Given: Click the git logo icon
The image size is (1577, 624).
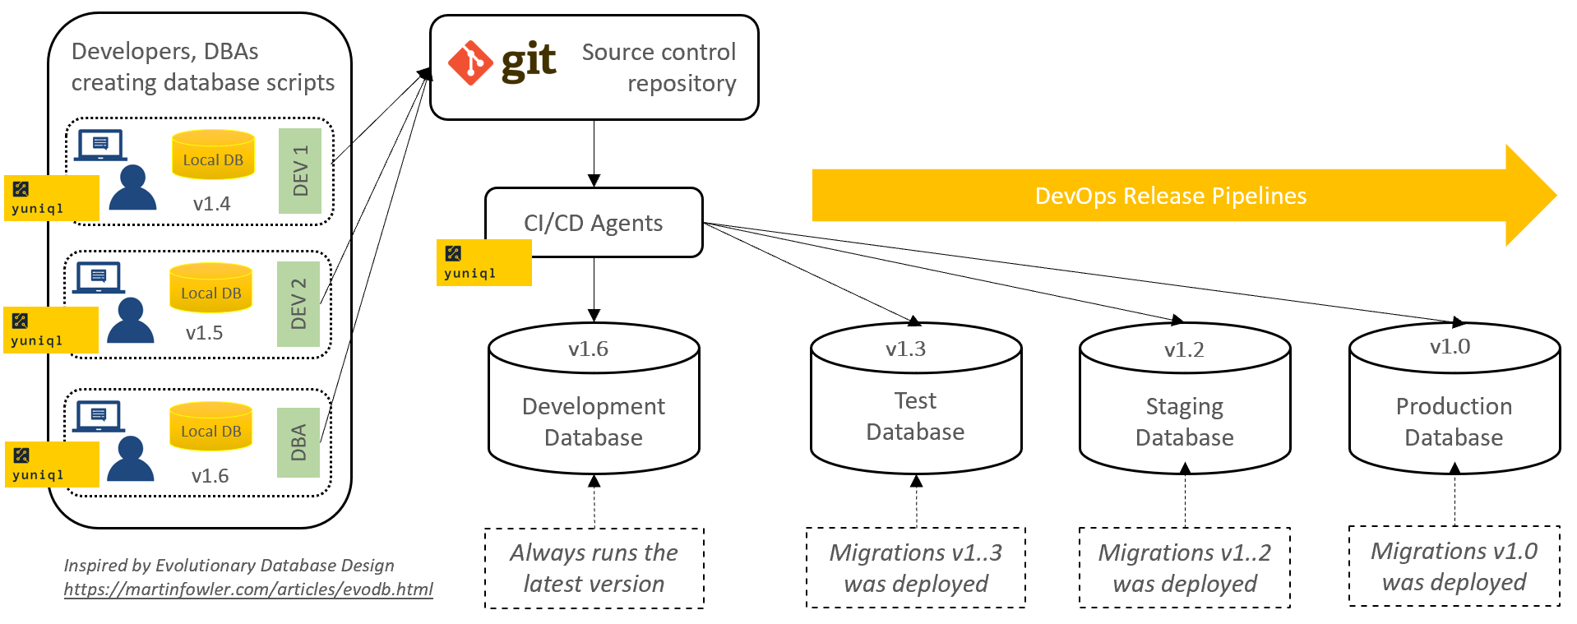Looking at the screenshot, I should [x=470, y=63].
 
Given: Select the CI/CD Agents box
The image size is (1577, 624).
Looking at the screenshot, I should [x=594, y=223].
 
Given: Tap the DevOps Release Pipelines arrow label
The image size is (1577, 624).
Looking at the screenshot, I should [x=1170, y=196].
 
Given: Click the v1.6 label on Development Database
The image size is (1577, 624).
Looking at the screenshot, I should [x=588, y=349].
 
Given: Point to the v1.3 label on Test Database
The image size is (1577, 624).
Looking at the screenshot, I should [x=905, y=349].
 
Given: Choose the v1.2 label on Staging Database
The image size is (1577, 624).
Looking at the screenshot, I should [x=1184, y=349].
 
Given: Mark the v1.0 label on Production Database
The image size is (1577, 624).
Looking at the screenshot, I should [x=1450, y=346].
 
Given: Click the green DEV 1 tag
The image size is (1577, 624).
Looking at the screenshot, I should [x=300, y=171].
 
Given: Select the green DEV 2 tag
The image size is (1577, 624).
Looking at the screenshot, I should [x=298, y=303].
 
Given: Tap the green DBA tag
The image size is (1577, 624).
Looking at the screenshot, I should [x=298, y=442].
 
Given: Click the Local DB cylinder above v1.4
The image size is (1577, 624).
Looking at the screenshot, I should [x=213, y=155].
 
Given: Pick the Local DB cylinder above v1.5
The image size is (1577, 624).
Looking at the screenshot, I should [x=210, y=289].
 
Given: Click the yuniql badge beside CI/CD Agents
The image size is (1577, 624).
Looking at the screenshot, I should [x=483, y=262].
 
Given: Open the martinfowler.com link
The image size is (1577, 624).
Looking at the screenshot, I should [x=248, y=589].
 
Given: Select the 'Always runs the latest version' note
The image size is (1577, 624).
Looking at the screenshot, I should [x=594, y=568].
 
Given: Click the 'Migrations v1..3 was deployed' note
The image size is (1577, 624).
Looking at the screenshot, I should [x=915, y=568].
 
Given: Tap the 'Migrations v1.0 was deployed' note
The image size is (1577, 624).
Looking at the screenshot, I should [x=1454, y=566].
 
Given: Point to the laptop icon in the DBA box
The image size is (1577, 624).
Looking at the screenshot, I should [x=99, y=416].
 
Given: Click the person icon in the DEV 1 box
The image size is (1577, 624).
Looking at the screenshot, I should [x=132, y=188].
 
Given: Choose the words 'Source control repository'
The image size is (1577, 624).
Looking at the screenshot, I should [x=659, y=67].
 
